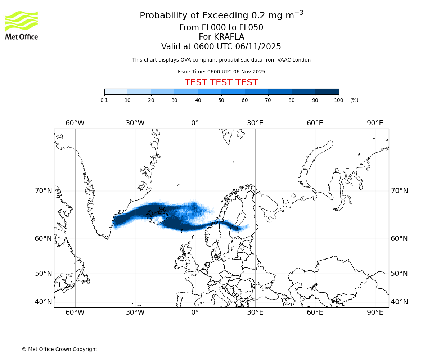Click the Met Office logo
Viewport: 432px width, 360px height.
(22, 25)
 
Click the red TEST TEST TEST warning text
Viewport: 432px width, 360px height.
(221, 82)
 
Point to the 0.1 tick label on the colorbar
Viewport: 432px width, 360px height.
(104, 100)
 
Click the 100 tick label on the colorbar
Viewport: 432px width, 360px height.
(338, 100)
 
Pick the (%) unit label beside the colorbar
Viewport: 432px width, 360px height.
(354, 100)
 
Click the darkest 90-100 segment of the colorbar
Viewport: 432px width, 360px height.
(327, 91)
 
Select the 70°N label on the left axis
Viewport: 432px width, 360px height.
(43, 191)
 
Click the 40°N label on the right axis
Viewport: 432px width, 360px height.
(399, 302)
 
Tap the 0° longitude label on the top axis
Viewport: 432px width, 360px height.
(195, 123)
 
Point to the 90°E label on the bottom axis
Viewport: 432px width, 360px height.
(375, 312)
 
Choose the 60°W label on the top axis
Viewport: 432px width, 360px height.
(75, 123)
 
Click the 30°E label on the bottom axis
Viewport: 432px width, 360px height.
(255, 312)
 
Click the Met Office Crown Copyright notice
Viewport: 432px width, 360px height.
(59, 349)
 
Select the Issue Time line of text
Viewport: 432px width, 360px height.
(221, 72)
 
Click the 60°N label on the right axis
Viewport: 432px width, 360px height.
(399, 239)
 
